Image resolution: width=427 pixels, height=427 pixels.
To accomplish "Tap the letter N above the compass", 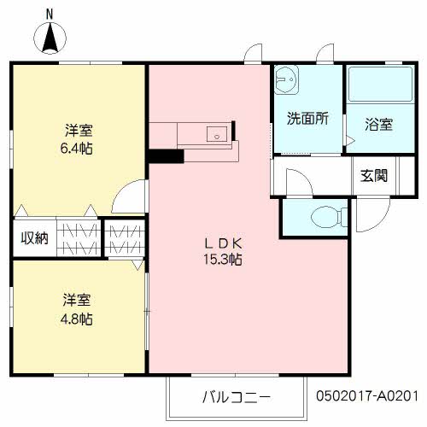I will [x=50, y=13].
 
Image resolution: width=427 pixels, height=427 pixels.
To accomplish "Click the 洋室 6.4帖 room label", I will [x=79, y=139].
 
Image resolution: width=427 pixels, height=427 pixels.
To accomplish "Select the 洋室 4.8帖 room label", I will [x=78, y=309].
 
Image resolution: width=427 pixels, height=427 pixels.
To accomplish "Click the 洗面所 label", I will [x=307, y=120].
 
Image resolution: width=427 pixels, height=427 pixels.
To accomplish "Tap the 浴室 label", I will [x=378, y=124].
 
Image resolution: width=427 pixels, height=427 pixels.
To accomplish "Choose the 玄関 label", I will [x=374, y=177].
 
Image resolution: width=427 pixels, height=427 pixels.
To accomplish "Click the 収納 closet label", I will [x=34, y=237].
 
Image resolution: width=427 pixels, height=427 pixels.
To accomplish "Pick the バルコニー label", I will [x=236, y=397].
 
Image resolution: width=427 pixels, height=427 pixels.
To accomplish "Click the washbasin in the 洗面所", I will [x=288, y=79].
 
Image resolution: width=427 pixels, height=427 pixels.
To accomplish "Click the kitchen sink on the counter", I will [x=217, y=133].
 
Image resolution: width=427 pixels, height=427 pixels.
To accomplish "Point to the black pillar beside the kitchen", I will [x=165, y=156].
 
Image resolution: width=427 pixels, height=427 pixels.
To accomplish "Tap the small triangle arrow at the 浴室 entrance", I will [x=348, y=138].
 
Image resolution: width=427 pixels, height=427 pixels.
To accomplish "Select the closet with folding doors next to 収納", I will [x=79, y=237].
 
